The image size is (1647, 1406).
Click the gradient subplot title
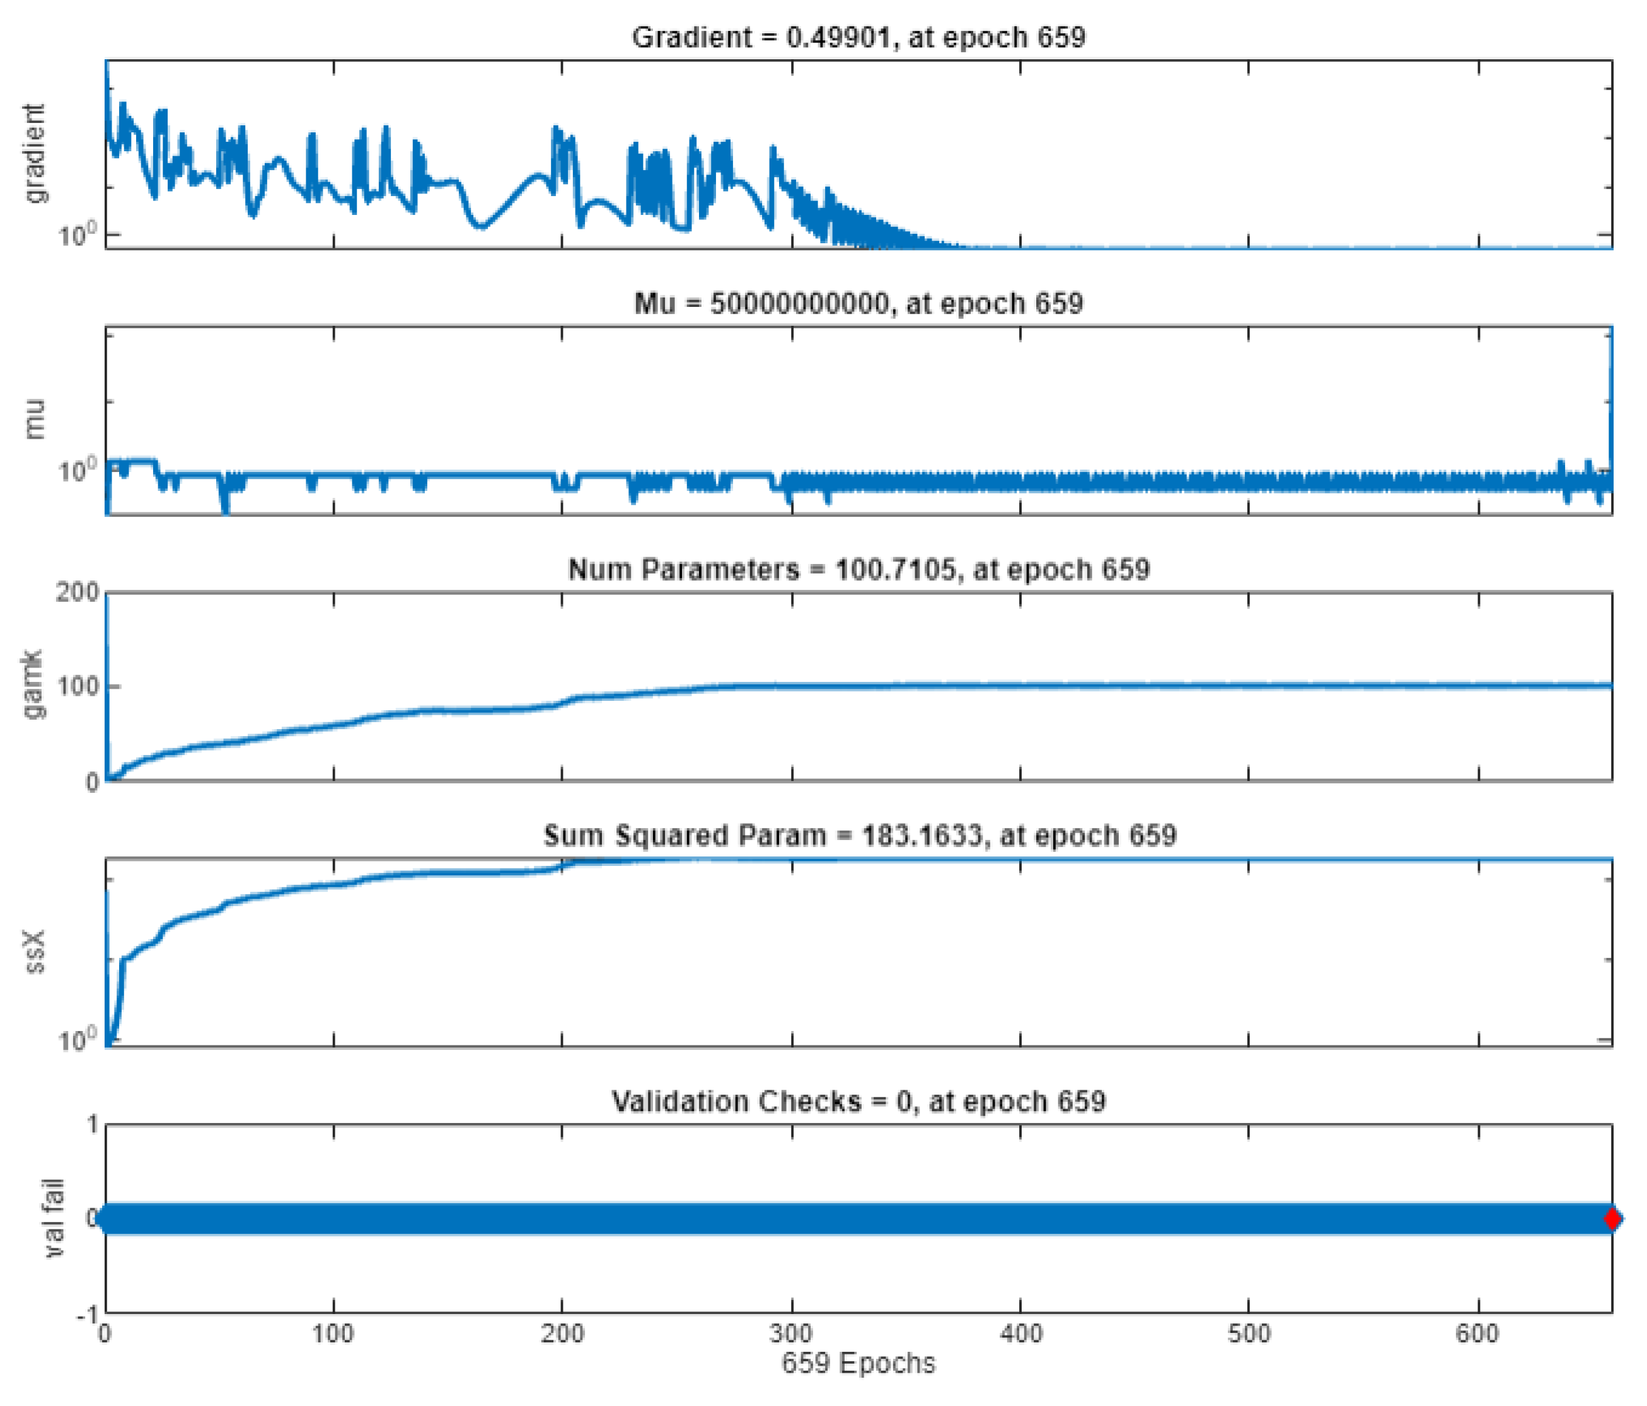click(x=858, y=37)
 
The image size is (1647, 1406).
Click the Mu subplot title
click(x=858, y=304)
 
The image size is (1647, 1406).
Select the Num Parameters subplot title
click(x=858, y=569)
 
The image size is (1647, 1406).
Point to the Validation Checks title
click(x=858, y=1102)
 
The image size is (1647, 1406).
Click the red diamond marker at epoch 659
click(x=1611, y=1218)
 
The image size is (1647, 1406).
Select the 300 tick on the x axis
click(x=791, y=1333)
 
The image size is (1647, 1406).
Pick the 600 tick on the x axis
click(x=1477, y=1333)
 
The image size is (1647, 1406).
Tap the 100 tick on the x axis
click(x=333, y=1333)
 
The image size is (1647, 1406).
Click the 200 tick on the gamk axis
click(x=77, y=592)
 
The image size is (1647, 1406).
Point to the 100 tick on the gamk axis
click(x=77, y=686)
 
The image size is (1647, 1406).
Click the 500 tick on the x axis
click(x=1248, y=1333)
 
